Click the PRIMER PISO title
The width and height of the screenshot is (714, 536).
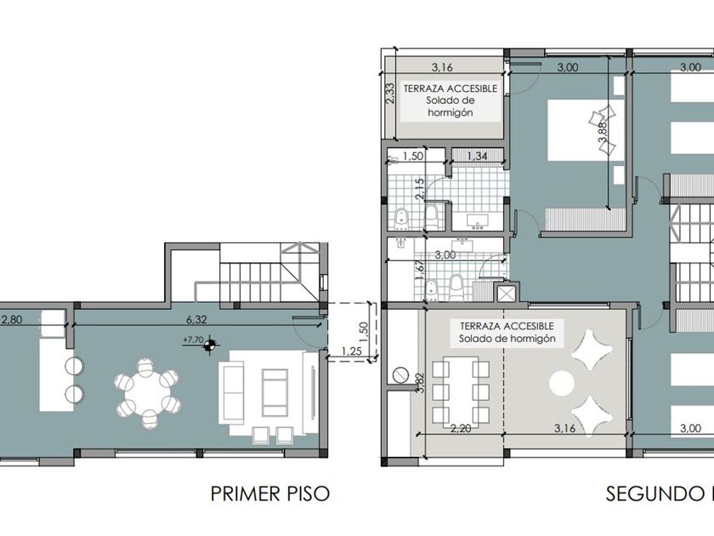point(270,493)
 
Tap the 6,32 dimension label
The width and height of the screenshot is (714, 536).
point(196,320)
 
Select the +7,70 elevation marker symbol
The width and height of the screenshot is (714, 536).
point(209,347)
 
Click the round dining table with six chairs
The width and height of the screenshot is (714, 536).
point(148,393)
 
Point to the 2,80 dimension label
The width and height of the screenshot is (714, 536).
point(11,320)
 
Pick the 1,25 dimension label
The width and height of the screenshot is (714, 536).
point(351,351)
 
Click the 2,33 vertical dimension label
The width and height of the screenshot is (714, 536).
point(390,94)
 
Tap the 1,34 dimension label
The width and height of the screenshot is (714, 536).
point(477,156)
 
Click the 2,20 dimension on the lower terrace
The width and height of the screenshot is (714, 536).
point(461,429)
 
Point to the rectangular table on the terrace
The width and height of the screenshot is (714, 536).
point(461,392)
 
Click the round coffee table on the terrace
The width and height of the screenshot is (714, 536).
point(562,384)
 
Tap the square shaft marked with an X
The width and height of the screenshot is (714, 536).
point(506,294)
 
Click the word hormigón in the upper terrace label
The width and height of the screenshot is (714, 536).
point(450,112)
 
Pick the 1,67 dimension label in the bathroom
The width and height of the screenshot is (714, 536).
point(420,271)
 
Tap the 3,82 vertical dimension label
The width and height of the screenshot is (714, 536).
point(420,384)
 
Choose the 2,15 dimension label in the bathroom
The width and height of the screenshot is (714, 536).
point(420,188)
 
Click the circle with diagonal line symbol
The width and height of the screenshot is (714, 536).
point(400,374)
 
